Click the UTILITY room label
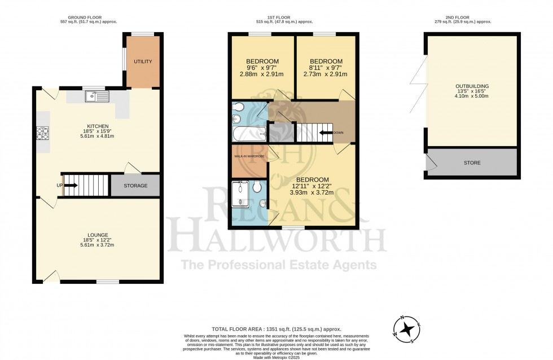[143, 62]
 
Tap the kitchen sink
[97, 97]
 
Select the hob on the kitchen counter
[43, 133]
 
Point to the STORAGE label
[135, 186]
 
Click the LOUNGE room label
[97, 235]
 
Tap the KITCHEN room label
[97, 126]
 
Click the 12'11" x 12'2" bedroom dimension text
[312, 186]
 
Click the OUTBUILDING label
[472, 86]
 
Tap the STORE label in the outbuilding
[472, 163]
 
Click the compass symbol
[406, 329]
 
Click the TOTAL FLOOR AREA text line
[276, 329]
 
